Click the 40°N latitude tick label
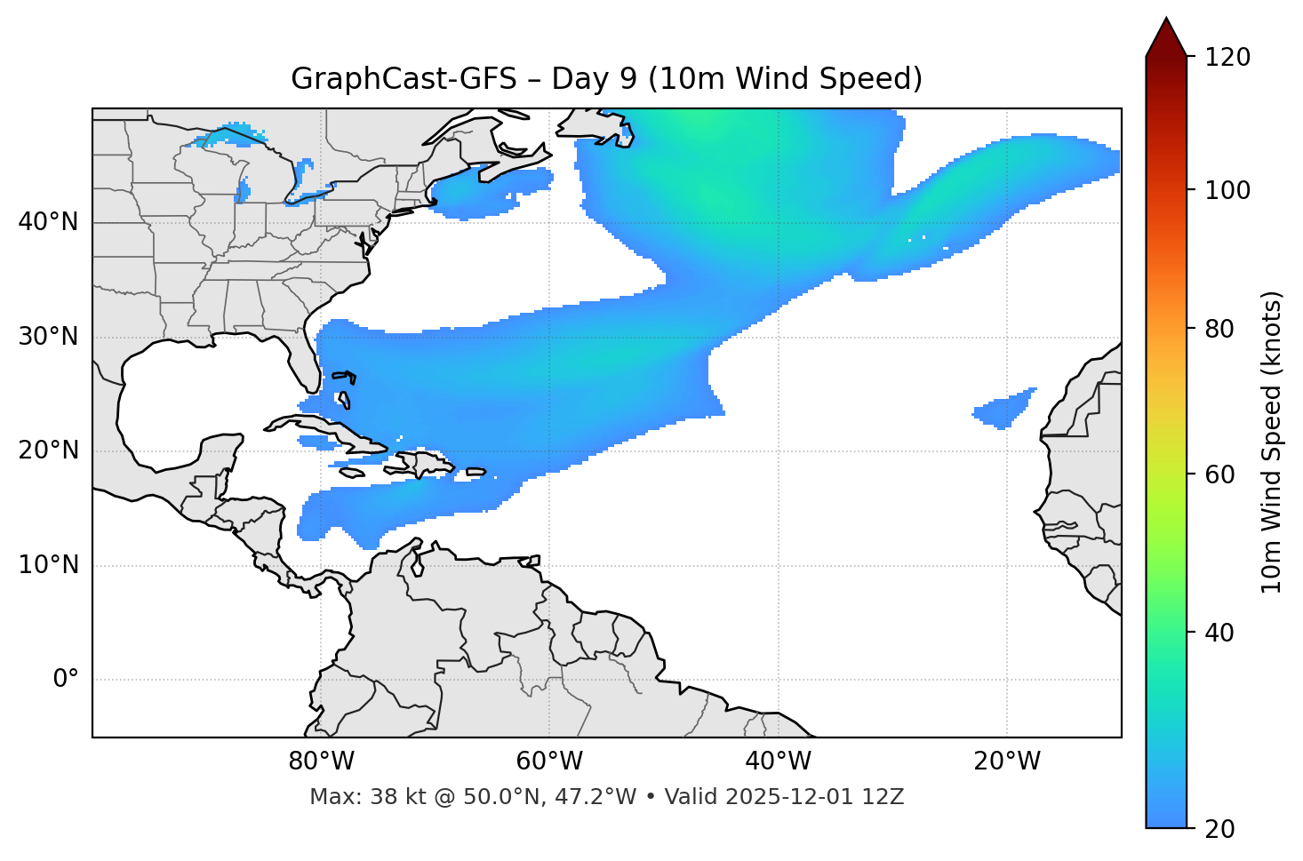(x=49, y=222)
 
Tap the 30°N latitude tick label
(x=49, y=337)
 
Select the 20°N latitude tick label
(x=49, y=450)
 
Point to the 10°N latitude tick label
(x=49, y=565)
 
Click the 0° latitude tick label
(x=66, y=680)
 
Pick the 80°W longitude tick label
(x=321, y=761)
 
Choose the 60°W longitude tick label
(x=549, y=761)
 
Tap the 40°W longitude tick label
(x=779, y=761)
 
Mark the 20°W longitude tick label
(x=1007, y=761)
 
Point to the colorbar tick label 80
(x=1219, y=329)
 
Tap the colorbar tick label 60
(x=1219, y=474)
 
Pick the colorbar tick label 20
(x=1219, y=829)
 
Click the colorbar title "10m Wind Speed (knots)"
(x=1272, y=442)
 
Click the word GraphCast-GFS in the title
(x=404, y=79)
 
